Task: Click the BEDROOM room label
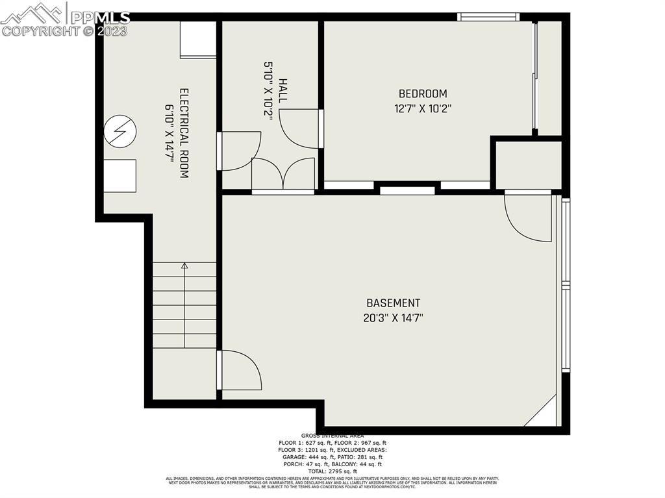tap(423, 93)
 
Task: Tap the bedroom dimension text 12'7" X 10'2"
tap(423, 109)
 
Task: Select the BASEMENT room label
tap(393, 303)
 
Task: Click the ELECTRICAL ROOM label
tap(184, 134)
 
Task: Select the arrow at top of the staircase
tap(184, 266)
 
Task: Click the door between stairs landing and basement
tap(240, 370)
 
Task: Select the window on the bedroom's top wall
tap(488, 17)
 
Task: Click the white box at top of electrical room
tap(198, 40)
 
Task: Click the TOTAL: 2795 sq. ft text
tap(332, 471)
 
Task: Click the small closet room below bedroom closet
tap(528, 164)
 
